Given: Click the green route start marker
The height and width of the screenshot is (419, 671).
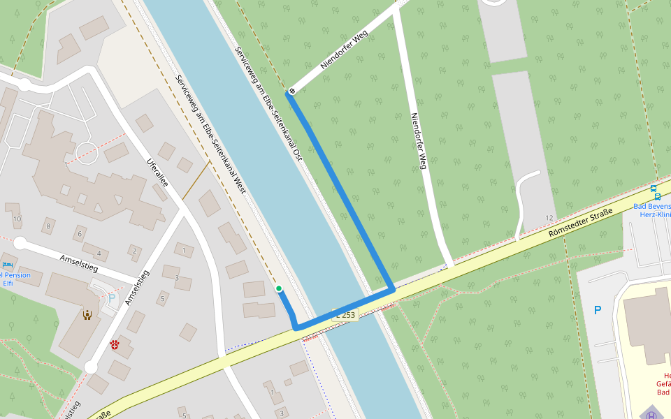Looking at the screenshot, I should [279, 288].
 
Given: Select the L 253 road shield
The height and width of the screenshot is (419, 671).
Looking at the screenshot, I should [345, 315].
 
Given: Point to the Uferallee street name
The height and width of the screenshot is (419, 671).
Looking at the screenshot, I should [157, 174].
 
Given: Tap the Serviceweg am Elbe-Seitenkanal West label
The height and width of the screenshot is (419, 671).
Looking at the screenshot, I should [210, 133].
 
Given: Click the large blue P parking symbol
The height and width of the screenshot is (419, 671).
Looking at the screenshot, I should [597, 310].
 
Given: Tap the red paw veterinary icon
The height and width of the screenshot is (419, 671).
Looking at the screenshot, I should [115, 345].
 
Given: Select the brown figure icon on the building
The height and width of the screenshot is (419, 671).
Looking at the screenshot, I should [87, 315].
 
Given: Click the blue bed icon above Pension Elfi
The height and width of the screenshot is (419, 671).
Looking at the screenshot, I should [7, 265].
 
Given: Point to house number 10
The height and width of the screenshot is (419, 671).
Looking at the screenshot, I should [17, 219].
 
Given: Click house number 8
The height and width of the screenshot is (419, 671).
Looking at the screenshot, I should [49, 226].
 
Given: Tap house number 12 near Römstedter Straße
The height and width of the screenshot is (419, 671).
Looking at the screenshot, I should [549, 219].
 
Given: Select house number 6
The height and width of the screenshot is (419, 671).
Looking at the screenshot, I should [80, 235].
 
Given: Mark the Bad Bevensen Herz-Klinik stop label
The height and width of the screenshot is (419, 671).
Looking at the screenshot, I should [652, 210].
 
